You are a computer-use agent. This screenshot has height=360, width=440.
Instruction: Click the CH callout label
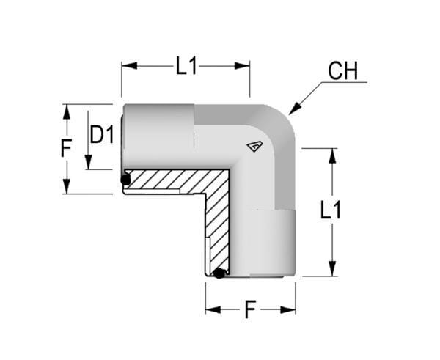(343, 71)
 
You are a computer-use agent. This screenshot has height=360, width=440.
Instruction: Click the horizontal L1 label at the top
(186, 66)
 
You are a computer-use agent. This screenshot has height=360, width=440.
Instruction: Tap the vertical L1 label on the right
(331, 210)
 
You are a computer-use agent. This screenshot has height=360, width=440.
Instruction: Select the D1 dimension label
(102, 135)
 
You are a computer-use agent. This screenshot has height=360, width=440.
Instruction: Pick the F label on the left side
(66, 148)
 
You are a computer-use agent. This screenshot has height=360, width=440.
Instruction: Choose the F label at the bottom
(250, 309)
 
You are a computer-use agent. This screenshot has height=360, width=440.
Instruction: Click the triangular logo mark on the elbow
(254, 146)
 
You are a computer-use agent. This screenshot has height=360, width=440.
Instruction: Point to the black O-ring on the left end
(125, 180)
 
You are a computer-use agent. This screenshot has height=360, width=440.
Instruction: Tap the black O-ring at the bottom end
(219, 273)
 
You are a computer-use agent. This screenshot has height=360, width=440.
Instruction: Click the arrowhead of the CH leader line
(295, 109)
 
